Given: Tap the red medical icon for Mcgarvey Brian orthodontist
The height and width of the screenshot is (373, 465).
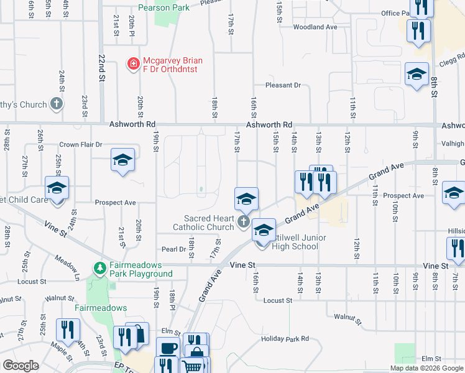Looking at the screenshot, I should pyautogui.click(x=133, y=63).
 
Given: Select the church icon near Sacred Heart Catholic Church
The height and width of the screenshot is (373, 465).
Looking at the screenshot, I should pyautogui.click(x=243, y=223).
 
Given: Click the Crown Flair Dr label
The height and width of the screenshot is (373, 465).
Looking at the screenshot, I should pyautogui.click(x=80, y=144).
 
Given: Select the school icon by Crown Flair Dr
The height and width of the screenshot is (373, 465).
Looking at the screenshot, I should pyautogui.click(x=122, y=161).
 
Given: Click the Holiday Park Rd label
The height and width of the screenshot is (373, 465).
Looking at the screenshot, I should pyautogui.click(x=285, y=339).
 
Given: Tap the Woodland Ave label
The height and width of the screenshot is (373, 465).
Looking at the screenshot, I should pyautogui.click(x=315, y=27).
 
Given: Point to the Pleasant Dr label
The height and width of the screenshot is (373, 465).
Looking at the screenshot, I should pyautogui.click(x=283, y=85).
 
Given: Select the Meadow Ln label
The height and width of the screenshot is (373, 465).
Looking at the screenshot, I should pyautogui.click(x=67, y=264).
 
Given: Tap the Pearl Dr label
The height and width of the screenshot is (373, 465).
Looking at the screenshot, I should pyautogui.click(x=174, y=249).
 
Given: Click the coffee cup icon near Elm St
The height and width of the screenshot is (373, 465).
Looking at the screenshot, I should pyautogui.click(x=168, y=349).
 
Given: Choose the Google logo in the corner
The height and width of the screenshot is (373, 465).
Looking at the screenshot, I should pyautogui.click(x=21, y=366).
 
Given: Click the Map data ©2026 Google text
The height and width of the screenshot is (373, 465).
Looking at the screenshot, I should pyautogui.click(x=426, y=368).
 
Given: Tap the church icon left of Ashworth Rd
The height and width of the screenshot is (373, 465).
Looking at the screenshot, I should pyautogui.click(x=57, y=104).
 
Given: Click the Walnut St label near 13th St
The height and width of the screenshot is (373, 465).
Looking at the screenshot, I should pyautogui.click(x=348, y=319).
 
